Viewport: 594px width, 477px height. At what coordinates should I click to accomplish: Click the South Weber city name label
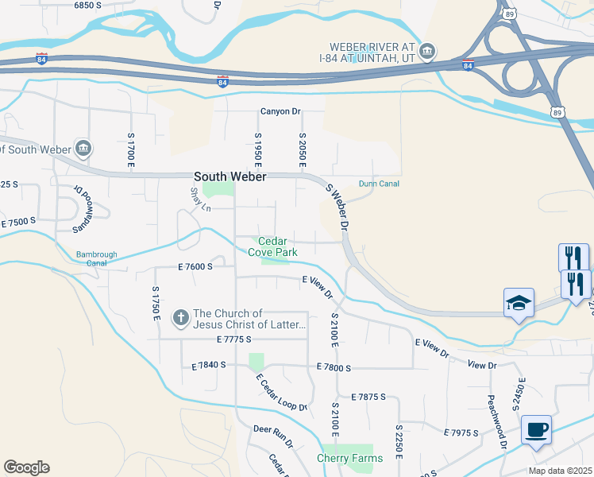coord(230,176)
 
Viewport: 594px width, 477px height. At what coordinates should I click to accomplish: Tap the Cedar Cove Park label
coord(272,246)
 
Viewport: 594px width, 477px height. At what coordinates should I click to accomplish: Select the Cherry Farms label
coord(349,458)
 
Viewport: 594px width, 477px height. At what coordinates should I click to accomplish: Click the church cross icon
coord(180,319)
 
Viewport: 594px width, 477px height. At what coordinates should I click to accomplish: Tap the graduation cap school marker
coord(519,304)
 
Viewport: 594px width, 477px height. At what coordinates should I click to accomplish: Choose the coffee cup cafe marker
coord(537,429)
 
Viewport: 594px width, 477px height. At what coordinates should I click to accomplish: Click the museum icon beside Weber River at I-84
coord(426,52)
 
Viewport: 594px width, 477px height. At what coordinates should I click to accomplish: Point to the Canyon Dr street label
coord(281,112)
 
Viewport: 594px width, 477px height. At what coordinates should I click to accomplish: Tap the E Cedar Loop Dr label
coord(280,391)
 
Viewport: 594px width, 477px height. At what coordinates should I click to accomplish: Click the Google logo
coord(26,467)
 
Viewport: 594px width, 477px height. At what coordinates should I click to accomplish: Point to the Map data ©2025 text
coord(560,471)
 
